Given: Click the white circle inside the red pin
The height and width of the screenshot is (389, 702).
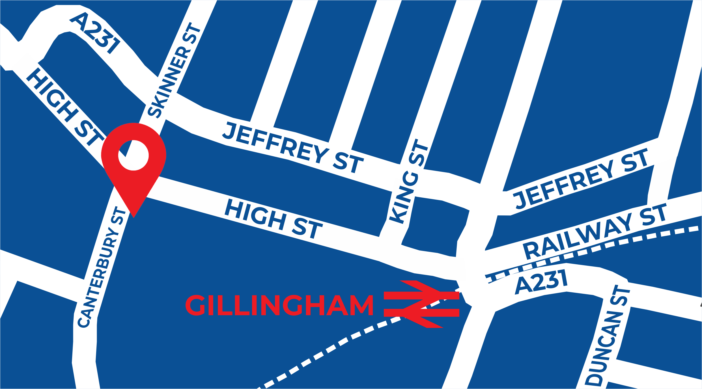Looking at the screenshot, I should pos(133,155).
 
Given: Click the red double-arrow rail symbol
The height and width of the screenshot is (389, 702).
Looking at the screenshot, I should pos(421,304).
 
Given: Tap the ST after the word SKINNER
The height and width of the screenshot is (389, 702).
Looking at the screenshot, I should pos(192,33).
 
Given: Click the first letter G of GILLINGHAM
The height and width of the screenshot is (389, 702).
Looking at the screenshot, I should pos(195,305).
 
